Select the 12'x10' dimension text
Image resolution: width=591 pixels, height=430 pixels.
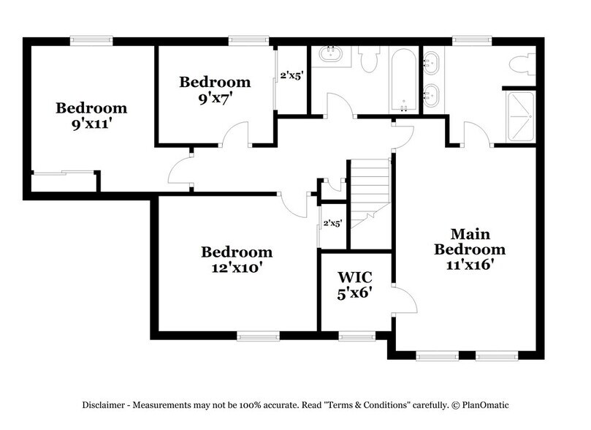(237, 268)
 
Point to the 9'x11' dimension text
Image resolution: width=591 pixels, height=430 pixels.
(91, 124)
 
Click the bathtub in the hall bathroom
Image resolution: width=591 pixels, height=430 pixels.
(403, 80)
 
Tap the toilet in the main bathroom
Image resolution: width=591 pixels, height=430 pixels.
(521, 64)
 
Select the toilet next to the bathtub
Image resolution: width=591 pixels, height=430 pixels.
(370, 59)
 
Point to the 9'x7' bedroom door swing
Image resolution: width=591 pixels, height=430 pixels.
(236, 135)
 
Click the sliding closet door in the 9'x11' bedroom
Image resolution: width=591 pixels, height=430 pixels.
(63, 173)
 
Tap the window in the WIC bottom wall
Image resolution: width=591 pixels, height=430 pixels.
(356, 336)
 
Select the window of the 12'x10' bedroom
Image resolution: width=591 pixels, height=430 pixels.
(258, 336)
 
